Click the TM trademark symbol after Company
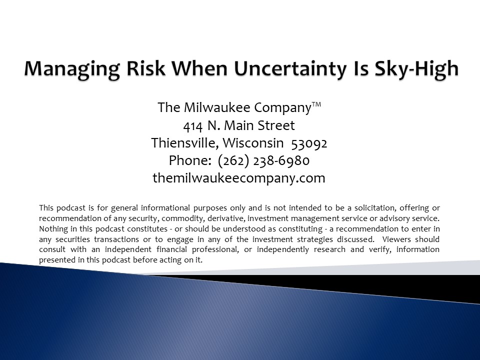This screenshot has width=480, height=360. (316, 104)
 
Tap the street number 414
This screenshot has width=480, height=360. (193, 126)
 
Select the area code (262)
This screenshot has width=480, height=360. (233, 161)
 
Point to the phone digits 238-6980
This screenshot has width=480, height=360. (281, 161)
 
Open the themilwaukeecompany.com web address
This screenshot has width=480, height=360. (239, 178)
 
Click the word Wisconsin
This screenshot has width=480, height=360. (253, 143)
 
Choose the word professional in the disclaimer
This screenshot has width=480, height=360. (215, 250)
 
